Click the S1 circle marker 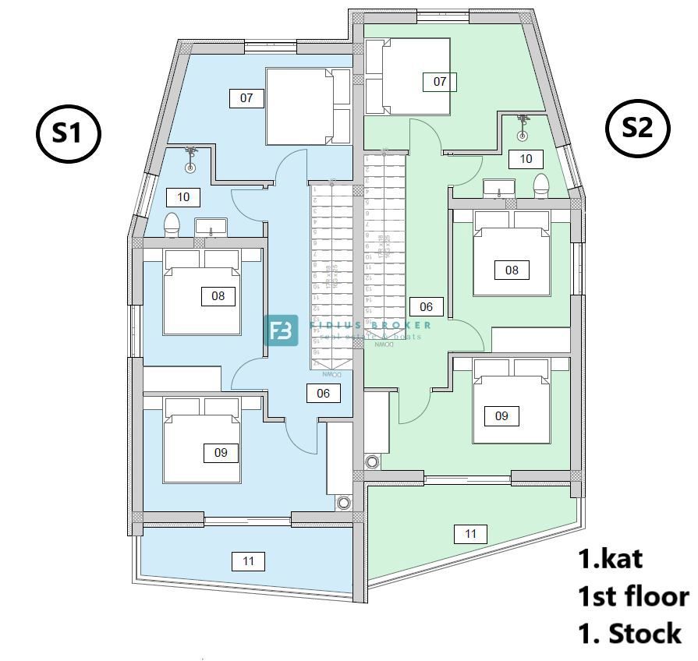point(69,133)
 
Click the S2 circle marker point(637,128)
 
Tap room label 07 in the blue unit point(246,98)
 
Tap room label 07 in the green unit point(440,81)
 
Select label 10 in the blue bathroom point(183,196)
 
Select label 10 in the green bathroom point(526,159)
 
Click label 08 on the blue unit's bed point(218,296)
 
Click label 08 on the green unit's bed point(512,270)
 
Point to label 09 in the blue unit point(221,452)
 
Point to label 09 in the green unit point(501,416)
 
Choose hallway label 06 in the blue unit point(324,394)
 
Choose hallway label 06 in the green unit point(426,306)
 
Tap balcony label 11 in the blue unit point(249,560)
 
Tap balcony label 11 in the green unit point(470,534)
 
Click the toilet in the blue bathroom point(173,225)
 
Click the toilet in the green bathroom point(541,186)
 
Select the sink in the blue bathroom point(210,228)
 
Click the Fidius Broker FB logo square point(282,330)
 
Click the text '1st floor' point(632,596)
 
